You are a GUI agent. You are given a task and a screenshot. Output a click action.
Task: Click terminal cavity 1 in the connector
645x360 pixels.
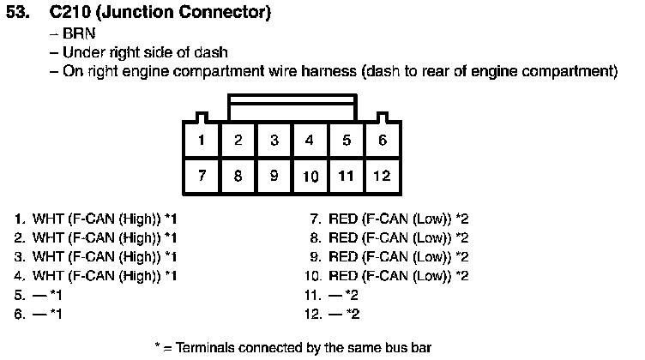(202, 140)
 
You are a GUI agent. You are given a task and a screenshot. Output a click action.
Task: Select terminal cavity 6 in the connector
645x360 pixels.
(383, 140)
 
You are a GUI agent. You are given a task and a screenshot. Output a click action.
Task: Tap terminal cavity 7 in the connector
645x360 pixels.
(202, 176)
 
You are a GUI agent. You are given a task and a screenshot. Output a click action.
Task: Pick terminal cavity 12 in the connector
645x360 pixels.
(383, 176)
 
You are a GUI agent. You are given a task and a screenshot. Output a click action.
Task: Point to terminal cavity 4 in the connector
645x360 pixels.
(310, 140)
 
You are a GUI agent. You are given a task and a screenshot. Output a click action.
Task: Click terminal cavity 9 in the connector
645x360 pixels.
(274, 176)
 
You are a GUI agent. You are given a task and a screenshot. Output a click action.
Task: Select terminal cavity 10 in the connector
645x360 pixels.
(310, 176)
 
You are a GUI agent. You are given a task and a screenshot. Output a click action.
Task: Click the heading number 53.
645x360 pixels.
(18, 12)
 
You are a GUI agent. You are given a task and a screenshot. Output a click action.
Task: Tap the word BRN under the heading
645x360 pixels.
(79, 33)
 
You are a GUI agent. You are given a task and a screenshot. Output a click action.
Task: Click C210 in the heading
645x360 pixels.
(70, 12)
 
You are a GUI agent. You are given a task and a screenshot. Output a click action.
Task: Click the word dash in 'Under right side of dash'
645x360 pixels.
(211, 52)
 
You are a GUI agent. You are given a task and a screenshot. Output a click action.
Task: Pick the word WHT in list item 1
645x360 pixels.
(48, 219)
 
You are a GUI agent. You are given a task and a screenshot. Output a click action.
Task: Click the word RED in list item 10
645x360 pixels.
(343, 275)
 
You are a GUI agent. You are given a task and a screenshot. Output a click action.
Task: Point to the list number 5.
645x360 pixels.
(20, 295)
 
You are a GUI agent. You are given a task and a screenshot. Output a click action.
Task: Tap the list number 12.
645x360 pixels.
(313, 314)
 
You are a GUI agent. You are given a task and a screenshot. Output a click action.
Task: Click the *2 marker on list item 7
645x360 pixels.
(462, 219)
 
